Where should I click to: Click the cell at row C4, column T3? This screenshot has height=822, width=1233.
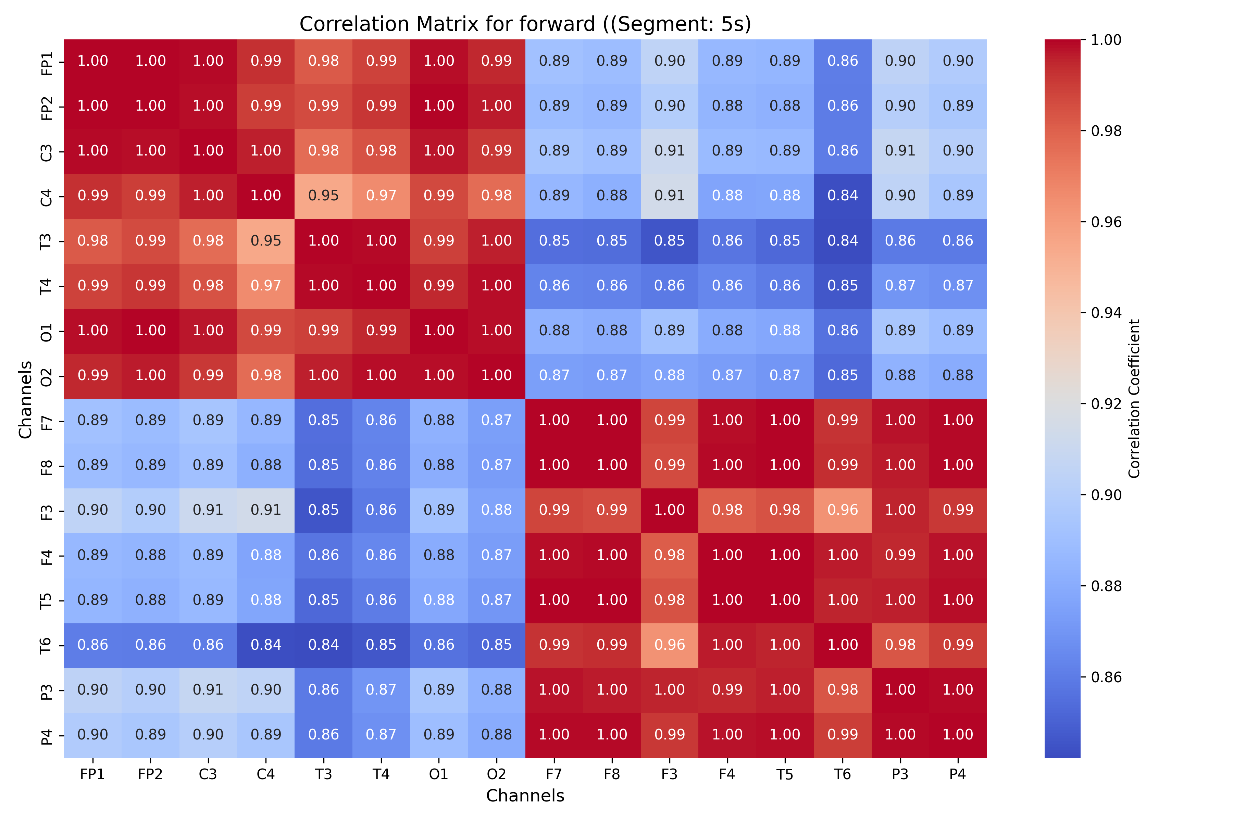323,196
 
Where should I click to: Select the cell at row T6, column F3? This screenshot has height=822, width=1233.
670,645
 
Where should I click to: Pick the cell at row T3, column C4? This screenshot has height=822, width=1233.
266,241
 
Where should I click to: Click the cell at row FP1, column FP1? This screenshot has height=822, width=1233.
93,61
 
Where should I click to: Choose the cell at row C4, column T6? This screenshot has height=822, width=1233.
843,196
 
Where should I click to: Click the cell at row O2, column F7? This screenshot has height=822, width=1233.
554,376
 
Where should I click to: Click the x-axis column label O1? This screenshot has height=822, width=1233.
439,774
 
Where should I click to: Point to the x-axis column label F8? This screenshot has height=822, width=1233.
612,774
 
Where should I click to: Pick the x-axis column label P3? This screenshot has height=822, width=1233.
900,774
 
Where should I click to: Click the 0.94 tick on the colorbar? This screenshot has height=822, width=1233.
1106,313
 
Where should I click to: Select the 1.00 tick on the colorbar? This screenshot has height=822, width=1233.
1106,40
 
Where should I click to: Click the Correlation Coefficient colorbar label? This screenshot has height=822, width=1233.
1134,398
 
